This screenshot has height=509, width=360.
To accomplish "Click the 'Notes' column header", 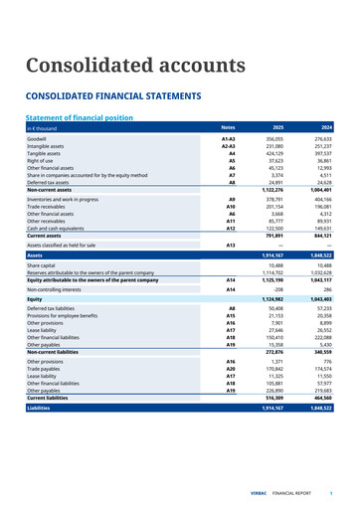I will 228,128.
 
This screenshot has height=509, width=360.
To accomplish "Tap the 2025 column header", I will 277,128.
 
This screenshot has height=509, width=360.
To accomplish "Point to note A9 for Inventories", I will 231,200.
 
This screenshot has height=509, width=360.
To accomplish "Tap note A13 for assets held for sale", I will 230,245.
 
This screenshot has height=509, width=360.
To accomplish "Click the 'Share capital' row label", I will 42,266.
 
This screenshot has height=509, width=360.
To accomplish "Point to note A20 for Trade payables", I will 230,369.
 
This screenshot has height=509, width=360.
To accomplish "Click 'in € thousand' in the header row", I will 45,128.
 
